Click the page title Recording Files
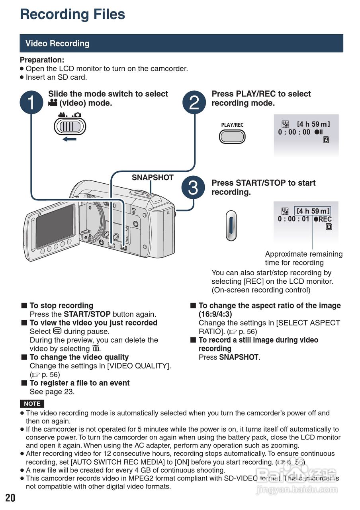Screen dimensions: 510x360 [x=72, y=14]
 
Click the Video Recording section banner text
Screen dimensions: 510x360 [x=57, y=43]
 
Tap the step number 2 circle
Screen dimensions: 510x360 [x=194, y=102]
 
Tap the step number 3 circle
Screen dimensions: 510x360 [x=193, y=188]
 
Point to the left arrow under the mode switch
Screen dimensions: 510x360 [x=69, y=139]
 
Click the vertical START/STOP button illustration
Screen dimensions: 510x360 [x=231, y=226]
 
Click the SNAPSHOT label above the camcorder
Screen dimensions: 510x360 [x=153, y=178]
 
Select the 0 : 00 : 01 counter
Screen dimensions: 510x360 [x=293, y=219]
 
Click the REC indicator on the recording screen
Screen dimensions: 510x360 [x=323, y=220]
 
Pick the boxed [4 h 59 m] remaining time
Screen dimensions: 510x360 [x=313, y=211]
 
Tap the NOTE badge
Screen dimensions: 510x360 [x=32, y=404]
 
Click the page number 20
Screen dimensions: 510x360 [x=10, y=498]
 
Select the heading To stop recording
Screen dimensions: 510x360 [x=61, y=306]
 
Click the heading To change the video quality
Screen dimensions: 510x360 [x=79, y=357]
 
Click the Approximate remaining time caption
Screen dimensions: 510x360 [x=303, y=258]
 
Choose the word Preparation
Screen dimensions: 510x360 [x=42, y=60]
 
